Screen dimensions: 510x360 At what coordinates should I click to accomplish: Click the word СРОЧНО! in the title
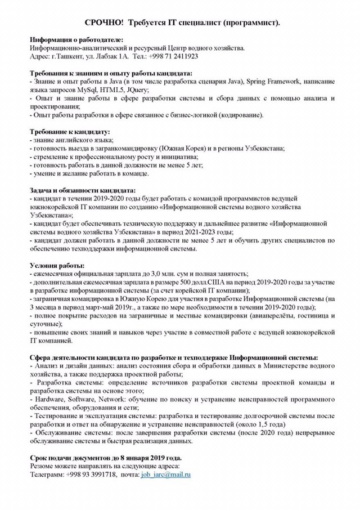click(x=104, y=22)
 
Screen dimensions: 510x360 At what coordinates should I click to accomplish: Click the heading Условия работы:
click(x=57, y=265)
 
